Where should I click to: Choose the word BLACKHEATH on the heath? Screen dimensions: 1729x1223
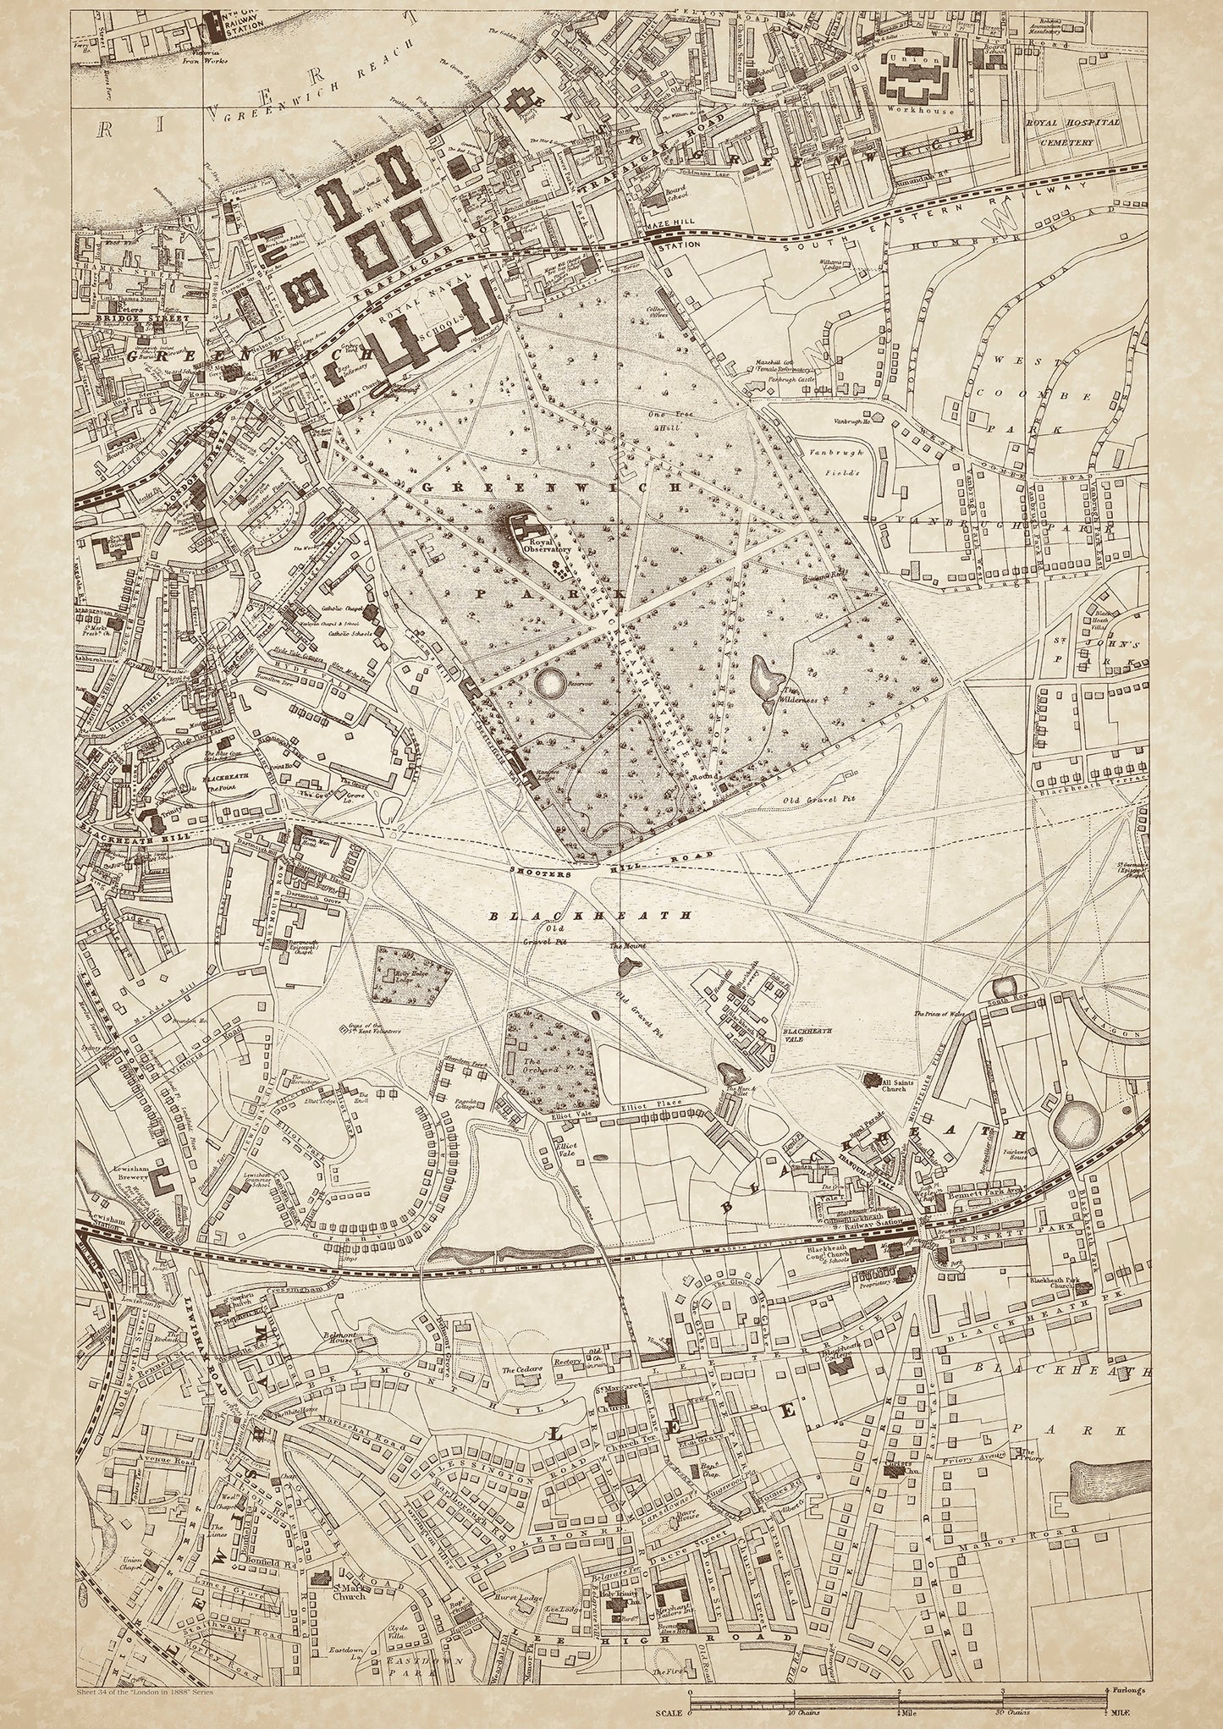pyautogui.click(x=592, y=915)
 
